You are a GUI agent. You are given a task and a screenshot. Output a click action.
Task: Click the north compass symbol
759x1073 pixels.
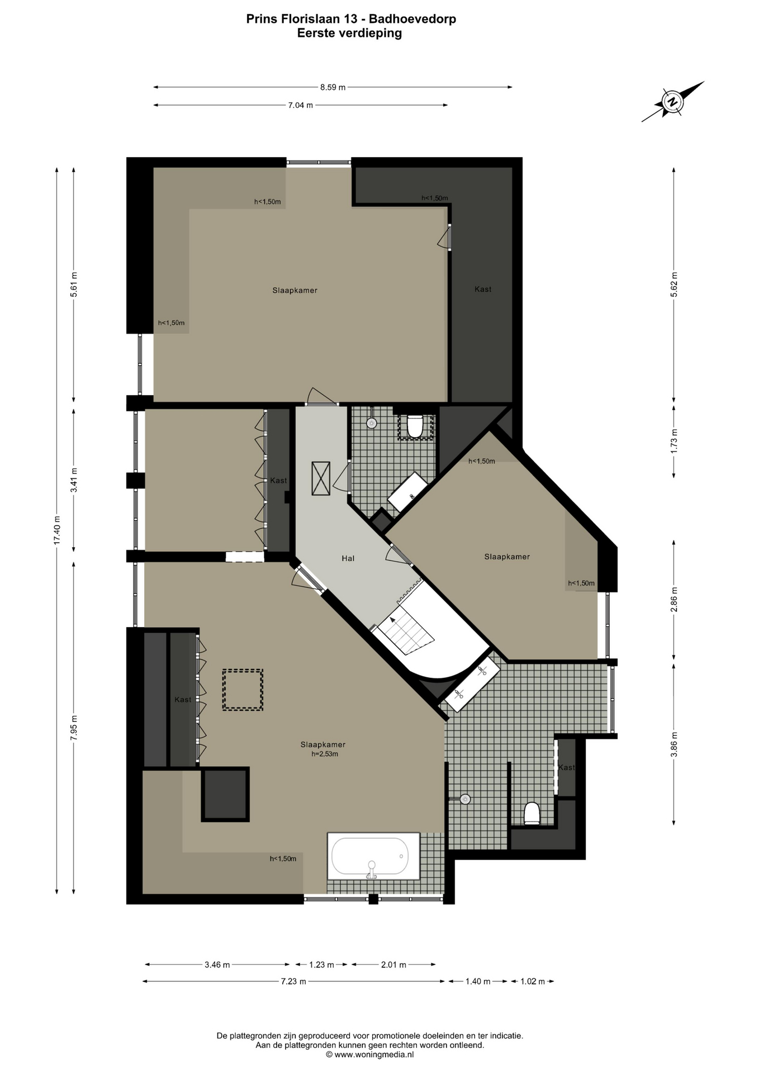(x=673, y=102)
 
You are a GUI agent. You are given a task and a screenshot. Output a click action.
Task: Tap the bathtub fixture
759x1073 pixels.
(x=369, y=856)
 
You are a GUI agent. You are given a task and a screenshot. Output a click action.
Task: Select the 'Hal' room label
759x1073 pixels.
(x=348, y=558)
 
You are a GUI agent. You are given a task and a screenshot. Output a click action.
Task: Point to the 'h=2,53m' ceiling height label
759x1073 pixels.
(x=325, y=754)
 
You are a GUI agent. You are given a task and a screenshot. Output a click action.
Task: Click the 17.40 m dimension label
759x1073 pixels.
(x=56, y=529)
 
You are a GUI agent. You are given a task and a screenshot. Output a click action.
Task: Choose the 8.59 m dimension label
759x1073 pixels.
(x=333, y=87)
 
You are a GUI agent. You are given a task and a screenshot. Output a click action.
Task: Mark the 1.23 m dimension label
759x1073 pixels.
(x=321, y=965)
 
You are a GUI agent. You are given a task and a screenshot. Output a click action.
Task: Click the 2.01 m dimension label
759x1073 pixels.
(x=393, y=965)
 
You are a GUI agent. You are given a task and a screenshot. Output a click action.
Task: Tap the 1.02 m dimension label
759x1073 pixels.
(x=532, y=981)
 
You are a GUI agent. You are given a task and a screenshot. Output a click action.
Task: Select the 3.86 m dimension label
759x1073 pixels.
(x=674, y=744)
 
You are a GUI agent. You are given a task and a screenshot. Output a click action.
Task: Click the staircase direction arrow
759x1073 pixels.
(x=392, y=620)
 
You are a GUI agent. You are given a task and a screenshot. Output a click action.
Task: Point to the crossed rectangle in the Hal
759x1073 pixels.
(x=321, y=478)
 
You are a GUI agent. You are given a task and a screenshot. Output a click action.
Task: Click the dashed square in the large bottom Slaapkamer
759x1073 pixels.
(x=243, y=690)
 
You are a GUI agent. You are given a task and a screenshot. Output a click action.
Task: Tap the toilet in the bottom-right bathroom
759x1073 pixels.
(x=532, y=814)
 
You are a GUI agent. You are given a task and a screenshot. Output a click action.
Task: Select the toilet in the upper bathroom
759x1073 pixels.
(x=415, y=426)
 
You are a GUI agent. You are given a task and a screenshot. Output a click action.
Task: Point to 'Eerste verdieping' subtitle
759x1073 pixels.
(x=349, y=33)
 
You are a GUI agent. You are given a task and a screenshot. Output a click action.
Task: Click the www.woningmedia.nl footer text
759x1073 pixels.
(x=369, y=1055)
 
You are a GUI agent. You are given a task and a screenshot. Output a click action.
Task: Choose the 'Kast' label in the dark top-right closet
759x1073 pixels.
(x=483, y=289)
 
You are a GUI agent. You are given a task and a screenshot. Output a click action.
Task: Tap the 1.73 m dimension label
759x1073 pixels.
(x=674, y=440)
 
